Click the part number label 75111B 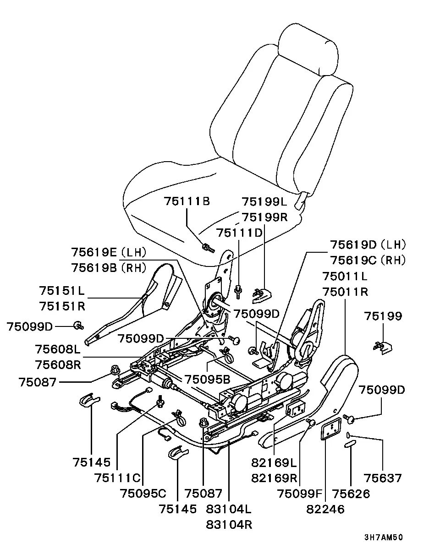(x=187, y=201)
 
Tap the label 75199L (x=264, y=202)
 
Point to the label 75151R (x=62, y=306)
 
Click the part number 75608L (x=58, y=349)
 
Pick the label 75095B (x=208, y=380)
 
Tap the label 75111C (x=117, y=478)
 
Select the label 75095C (x=143, y=494)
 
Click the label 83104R (x=229, y=525)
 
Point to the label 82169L (x=274, y=463)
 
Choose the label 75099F (x=299, y=494)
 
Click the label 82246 (x=325, y=509)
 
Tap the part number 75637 (x=383, y=478)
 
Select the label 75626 (x=351, y=494)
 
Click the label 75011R (x=345, y=292)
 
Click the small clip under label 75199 (x=383, y=348)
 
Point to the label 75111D (x=239, y=233)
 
